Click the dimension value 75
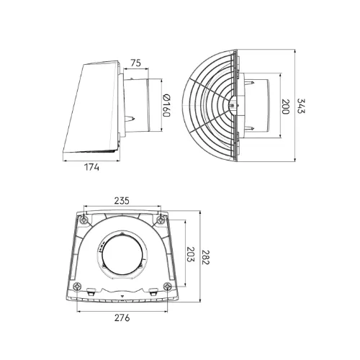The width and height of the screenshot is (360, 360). coord(135,63)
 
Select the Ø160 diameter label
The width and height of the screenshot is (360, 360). coord(166,106)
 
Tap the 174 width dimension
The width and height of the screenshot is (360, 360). coord(91,167)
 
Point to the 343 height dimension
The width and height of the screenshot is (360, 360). coord(301,106)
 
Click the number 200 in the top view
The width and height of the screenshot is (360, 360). coord(285,107)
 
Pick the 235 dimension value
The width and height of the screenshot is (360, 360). coord(122,201)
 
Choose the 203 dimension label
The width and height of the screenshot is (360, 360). coord(190,254)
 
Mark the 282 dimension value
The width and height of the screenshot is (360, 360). coord(205,257)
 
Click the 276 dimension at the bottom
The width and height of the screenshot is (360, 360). coord(122,318)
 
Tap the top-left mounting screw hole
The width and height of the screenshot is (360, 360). coord(84,219)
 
